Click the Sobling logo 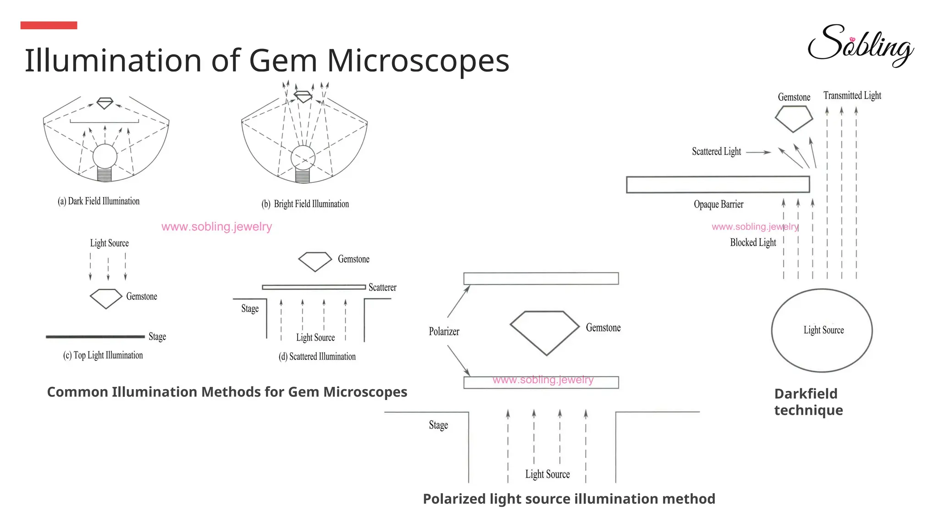click(860, 46)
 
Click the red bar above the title click(49, 25)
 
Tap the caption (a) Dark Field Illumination click(99, 201)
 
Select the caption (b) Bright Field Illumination click(305, 204)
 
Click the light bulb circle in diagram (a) click(105, 156)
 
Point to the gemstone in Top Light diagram click(106, 298)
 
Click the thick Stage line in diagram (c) click(95, 337)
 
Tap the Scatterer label click(382, 287)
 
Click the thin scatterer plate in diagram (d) click(314, 287)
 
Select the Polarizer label click(444, 331)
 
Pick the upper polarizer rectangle click(541, 279)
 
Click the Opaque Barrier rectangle click(718, 184)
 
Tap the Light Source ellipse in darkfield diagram click(822, 330)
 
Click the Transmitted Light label click(852, 95)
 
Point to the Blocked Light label click(753, 242)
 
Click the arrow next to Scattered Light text click(759, 152)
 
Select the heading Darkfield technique click(808, 401)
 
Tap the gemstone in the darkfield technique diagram click(794, 118)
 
